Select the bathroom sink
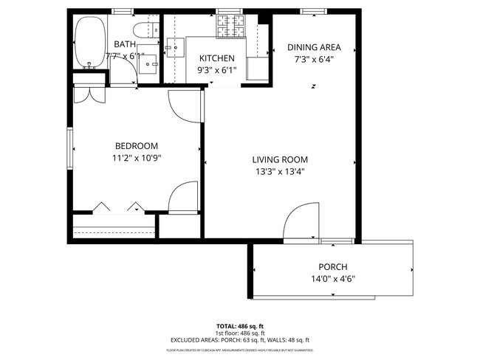[x=148, y=64]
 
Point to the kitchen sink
[x=175, y=48]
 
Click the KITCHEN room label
[x=217, y=58]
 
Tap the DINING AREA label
[x=315, y=47]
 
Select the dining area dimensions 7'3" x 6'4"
[x=315, y=60]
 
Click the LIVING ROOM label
[x=280, y=159]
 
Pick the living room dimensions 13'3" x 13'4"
[x=280, y=173]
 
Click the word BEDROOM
[x=136, y=145]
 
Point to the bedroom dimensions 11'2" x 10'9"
[x=136, y=158]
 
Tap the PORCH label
[x=332, y=267]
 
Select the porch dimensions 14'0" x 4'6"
[x=332, y=280]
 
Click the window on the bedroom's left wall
[x=71, y=150]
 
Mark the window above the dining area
[x=312, y=10]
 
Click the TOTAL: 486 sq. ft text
[x=239, y=325]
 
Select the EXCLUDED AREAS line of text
[x=239, y=341]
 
